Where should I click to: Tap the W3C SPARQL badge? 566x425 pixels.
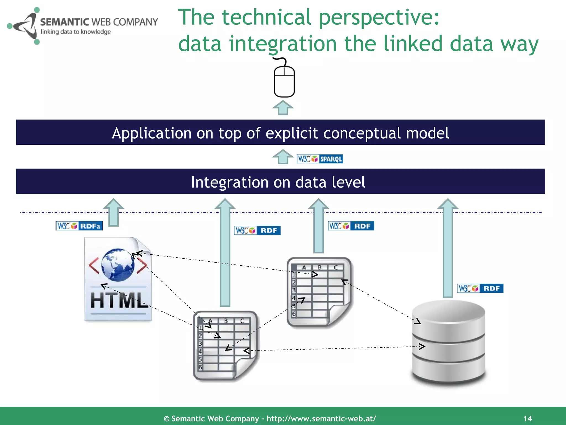click(320, 159)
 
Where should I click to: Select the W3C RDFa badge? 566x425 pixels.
click(79, 226)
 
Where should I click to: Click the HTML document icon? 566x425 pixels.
click(118, 279)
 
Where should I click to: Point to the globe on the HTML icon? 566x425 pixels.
click(117, 264)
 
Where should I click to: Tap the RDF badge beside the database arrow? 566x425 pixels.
click(480, 288)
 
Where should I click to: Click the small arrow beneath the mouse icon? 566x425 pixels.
click(283, 108)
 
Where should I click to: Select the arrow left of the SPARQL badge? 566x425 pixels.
click(283, 157)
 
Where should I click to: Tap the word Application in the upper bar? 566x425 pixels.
click(151, 133)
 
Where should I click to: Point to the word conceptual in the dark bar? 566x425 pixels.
click(362, 133)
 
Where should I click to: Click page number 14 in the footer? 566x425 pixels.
click(528, 418)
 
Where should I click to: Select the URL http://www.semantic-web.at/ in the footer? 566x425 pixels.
click(321, 418)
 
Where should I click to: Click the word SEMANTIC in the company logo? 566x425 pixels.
click(64, 22)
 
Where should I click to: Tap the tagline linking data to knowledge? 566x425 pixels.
click(76, 32)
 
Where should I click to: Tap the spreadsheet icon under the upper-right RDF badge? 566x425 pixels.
click(319, 292)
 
